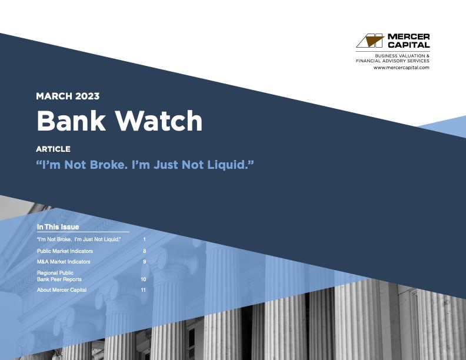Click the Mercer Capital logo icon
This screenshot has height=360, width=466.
point(370,41)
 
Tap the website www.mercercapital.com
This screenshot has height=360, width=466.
point(401,68)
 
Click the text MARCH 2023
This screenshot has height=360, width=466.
point(68,96)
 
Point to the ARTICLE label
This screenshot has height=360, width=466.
point(53,149)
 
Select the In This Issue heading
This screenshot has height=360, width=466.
point(58,227)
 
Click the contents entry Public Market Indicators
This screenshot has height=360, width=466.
point(65,251)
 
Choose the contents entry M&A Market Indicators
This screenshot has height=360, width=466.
point(64,261)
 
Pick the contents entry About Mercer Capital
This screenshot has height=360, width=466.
point(62,290)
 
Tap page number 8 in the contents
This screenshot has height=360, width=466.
point(144,251)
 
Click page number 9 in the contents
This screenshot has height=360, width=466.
point(144,261)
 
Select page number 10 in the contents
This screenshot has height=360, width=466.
point(143,279)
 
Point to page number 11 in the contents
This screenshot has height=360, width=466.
point(143,290)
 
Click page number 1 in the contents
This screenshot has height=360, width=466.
point(144,240)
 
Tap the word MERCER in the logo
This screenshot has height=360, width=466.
point(408,36)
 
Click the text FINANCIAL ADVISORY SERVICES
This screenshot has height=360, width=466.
point(392,61)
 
